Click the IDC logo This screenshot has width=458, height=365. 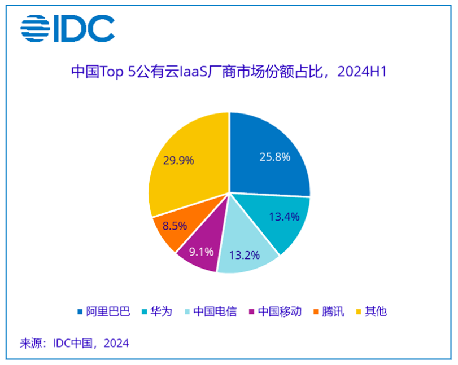[67, 28]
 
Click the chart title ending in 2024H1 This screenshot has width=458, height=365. [228, 72]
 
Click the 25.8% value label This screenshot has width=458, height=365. [275, 157]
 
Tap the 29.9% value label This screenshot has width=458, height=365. [178, 160]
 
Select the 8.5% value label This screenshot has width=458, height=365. [173, 227]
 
